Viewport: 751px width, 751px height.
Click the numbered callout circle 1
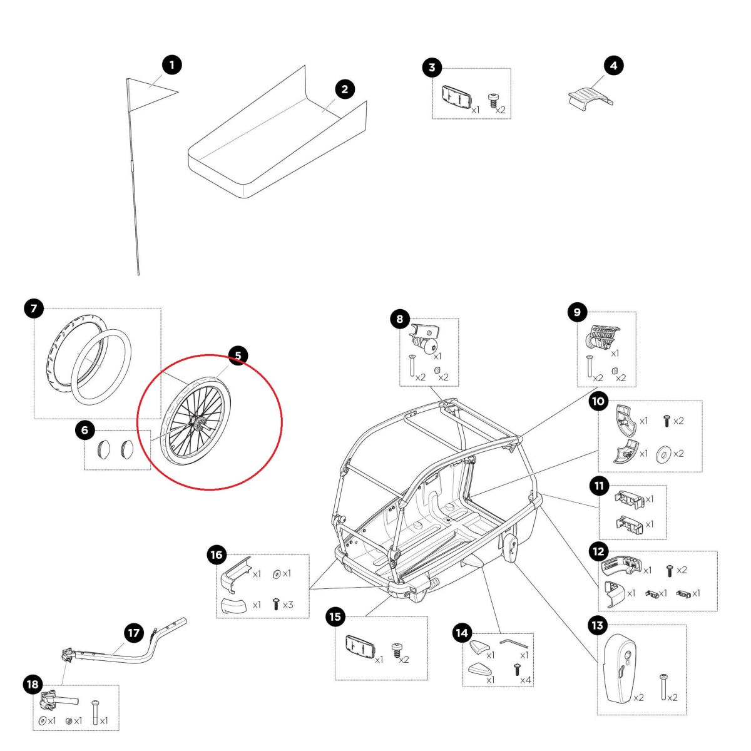point(171,64)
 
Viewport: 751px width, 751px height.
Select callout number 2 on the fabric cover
point(344,89)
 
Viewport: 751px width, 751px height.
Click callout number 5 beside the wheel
point(238,355)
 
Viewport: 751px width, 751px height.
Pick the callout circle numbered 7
point(34,308)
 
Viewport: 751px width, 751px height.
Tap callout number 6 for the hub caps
point(84,430)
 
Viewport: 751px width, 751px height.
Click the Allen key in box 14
point(513,643)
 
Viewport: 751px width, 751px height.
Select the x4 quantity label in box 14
point(526,680)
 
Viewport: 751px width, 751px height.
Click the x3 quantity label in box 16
point(287,605)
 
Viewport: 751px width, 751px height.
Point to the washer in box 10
point(662,454)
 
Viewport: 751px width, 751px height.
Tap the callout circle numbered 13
point(598,625)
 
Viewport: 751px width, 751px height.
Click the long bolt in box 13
point(663,687)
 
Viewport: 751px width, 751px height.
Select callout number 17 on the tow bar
point(134,633)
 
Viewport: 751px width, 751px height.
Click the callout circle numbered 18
point(33,685)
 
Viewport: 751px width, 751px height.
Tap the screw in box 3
point(494,100)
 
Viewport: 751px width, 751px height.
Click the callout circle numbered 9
point(577,312)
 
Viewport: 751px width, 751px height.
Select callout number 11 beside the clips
point(599,485)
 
